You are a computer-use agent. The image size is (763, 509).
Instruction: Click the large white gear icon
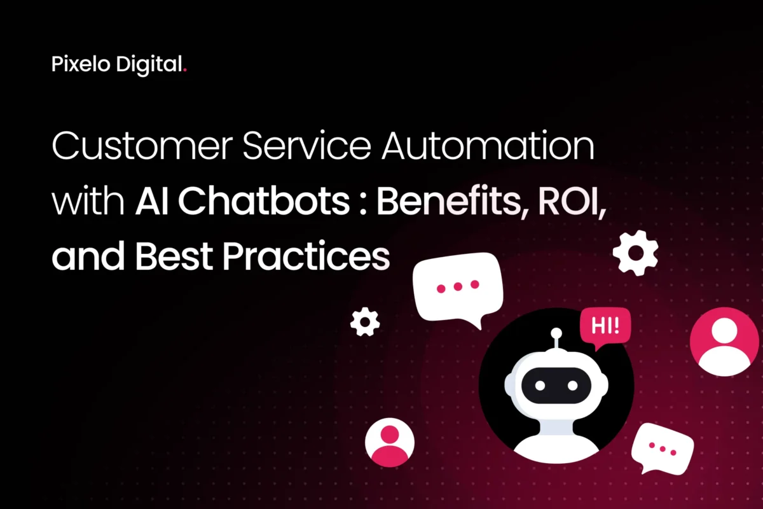coord(635,253)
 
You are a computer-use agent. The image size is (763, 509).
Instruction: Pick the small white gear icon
coord(365,322)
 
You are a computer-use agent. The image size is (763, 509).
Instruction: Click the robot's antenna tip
coord(556,333)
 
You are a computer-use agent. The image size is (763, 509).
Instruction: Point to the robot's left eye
coord(540,386)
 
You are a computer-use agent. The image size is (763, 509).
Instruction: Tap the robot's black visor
coord(556,384)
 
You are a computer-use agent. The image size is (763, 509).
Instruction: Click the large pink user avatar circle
coord(724,342)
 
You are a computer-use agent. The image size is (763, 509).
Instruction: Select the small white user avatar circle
coord(389,443)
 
